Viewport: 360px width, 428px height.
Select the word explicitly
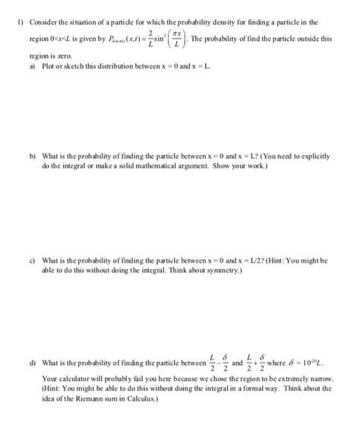[314, 155]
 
